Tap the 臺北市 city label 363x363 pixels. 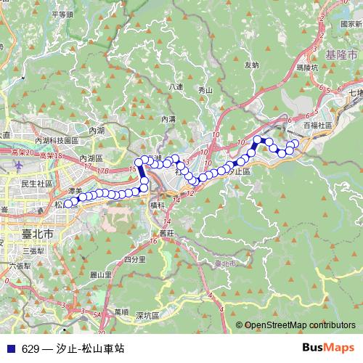38,235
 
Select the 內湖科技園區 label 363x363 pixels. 57,140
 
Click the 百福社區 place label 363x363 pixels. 317,125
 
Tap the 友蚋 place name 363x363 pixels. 251,65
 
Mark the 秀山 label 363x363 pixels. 205,91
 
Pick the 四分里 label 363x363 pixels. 136,258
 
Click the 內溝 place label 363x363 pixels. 168,118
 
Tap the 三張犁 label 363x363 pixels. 33,250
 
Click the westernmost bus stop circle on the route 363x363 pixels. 69,204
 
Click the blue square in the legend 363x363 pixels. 11,348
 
